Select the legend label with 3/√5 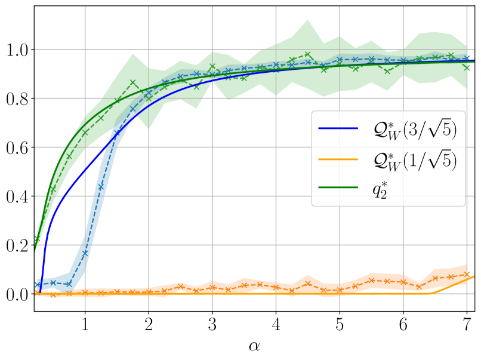tap(411, 130)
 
